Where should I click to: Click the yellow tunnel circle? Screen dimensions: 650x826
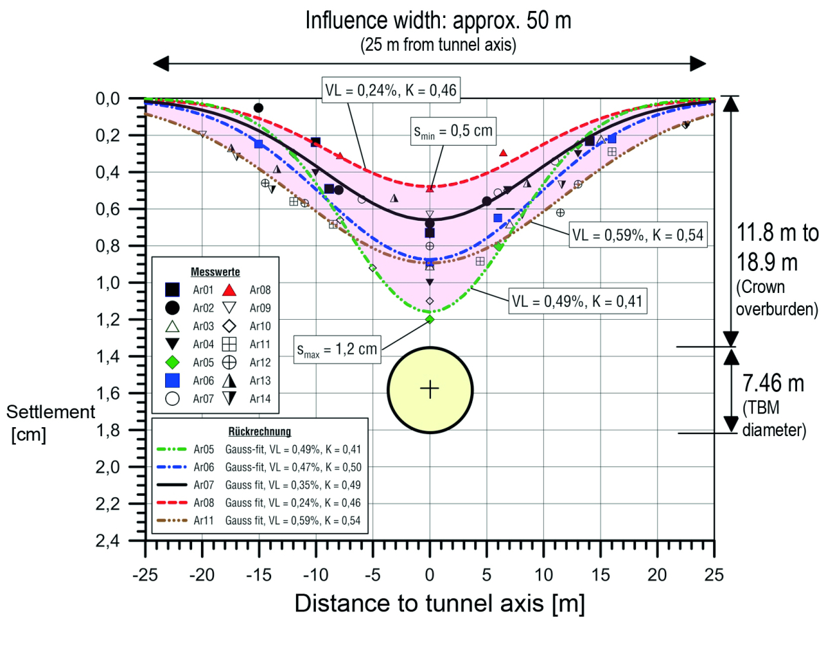pos(430,389)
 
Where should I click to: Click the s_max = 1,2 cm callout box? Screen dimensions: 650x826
pos(337,348)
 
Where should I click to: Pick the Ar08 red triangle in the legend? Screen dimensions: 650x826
pos(232,289)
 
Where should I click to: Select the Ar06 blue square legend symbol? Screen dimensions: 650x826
pos(173,380)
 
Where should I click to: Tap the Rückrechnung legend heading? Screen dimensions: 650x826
pos(260,431)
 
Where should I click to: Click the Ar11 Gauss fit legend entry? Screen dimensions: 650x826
pos(260,520)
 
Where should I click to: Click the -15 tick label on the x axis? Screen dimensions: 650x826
pos(257,574)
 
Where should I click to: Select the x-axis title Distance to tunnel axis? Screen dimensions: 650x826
pos(439,603)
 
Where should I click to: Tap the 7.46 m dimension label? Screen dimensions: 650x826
pos(778,384)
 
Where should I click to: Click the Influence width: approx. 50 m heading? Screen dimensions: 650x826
pos(438,21)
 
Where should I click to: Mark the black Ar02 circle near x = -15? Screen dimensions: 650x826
pos(258,108)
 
